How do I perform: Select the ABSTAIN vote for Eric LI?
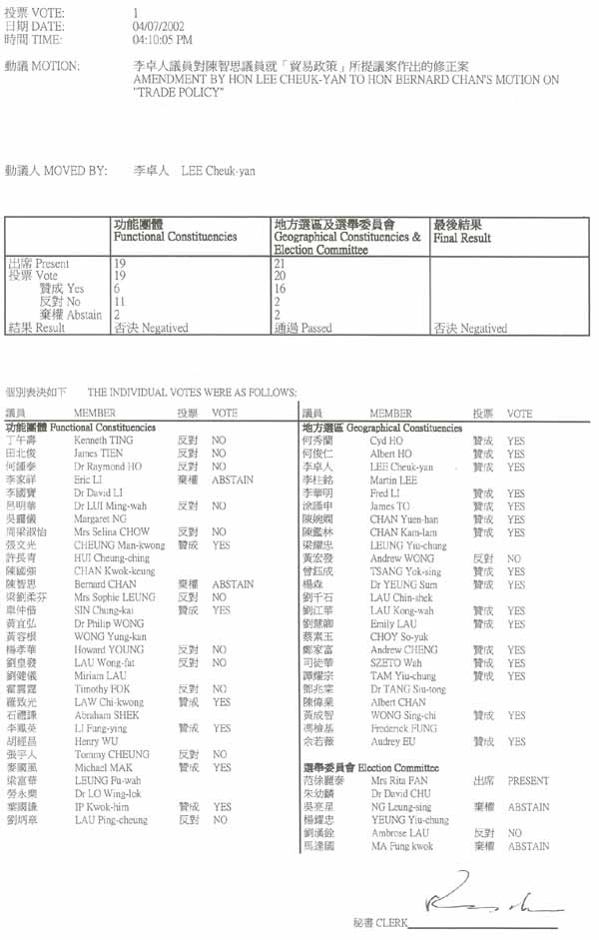(232, 479)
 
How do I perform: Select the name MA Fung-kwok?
(401, 846)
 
